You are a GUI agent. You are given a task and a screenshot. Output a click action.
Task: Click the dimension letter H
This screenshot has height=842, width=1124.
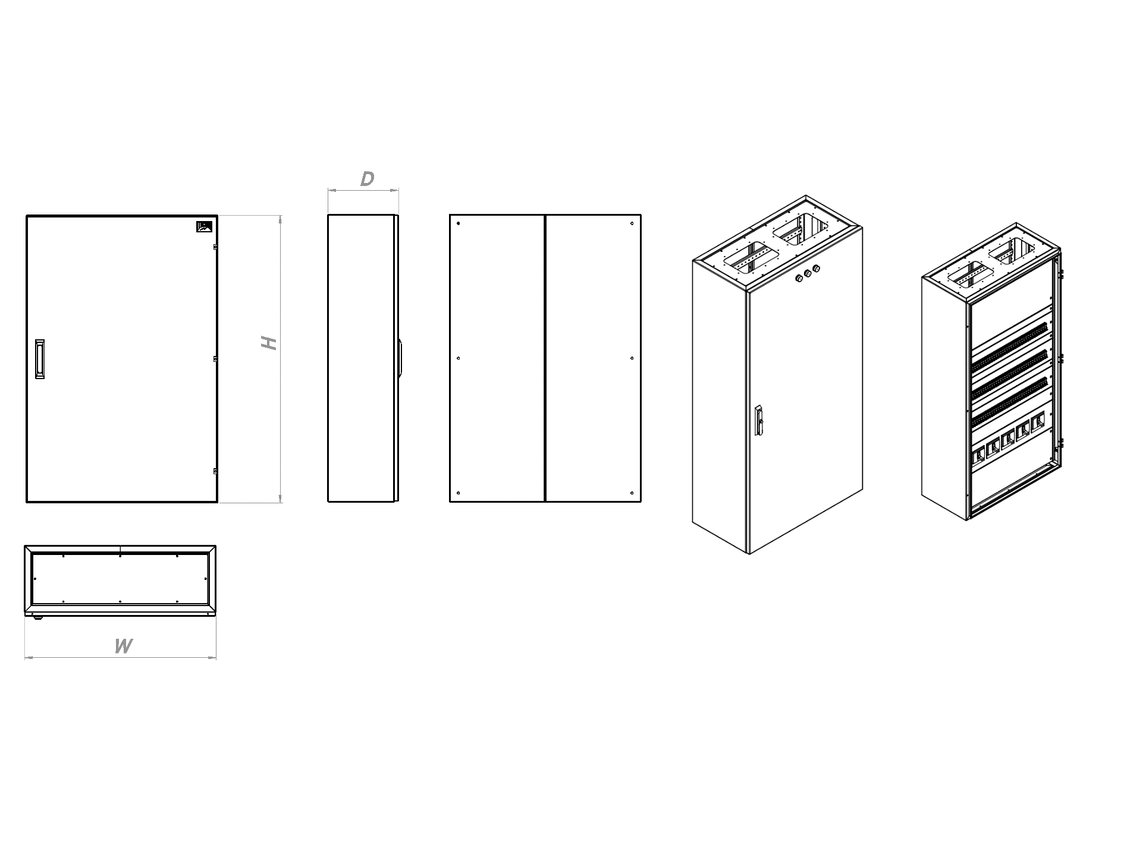270,343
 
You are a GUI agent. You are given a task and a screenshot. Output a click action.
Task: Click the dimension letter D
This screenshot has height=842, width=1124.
368,179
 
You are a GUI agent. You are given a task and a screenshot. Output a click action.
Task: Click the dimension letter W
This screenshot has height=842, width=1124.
123,646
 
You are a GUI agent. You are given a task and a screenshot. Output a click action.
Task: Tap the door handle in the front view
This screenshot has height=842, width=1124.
39,359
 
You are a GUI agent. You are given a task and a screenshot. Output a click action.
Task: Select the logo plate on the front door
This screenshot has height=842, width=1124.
204,226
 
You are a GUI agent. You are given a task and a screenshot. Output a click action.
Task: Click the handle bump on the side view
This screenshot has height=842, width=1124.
401,359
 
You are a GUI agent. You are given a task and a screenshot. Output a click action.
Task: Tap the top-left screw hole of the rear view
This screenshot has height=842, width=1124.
459,224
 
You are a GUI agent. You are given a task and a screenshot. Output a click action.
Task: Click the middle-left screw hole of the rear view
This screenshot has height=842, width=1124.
459,358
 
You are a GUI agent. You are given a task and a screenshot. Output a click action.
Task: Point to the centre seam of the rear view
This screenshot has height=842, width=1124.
545,358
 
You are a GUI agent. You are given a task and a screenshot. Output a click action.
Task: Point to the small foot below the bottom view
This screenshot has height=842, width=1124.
39,617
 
